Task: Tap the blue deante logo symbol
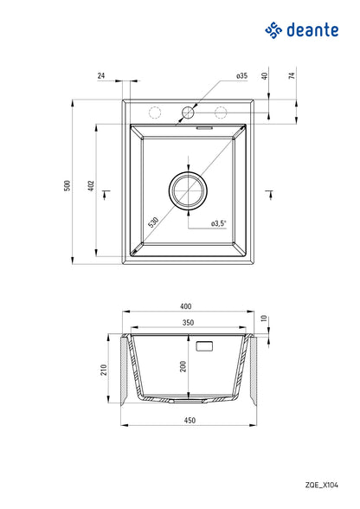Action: [274, 32]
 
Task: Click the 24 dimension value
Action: [101, 76]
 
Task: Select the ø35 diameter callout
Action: [241, 76]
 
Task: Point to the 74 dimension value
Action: [292, 76]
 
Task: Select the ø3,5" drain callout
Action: [218, 223]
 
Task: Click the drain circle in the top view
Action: [188, 190]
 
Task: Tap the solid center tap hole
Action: [188, 112]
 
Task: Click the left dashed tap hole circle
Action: [157, 112]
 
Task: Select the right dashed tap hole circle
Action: [220, 112]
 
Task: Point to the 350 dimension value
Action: [188, 324]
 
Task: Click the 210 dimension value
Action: [103, 370]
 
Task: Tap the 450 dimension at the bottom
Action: [189, 421]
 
